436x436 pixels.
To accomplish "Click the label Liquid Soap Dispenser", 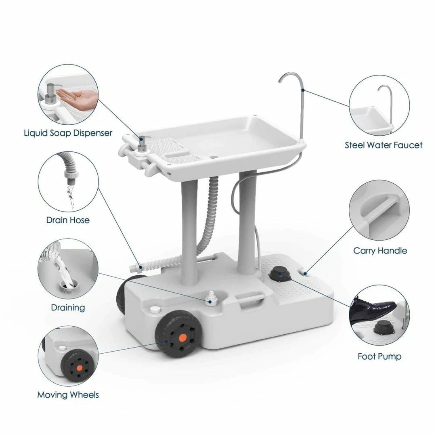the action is (x=68, y=133).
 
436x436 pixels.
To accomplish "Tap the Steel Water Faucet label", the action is (x=384, y=145).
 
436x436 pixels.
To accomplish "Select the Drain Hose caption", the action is (x=68, y=220).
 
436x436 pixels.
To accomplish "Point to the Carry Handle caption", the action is (x=380, y=251).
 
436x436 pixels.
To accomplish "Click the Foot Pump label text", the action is (x=379, y=356).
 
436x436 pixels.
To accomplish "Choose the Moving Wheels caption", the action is (x=68, y=394).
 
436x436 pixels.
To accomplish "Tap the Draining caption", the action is (x=68, y=308).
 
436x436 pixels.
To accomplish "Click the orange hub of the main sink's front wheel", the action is (x=182, y=338).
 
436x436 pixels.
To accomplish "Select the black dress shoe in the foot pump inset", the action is (x=371, y=309).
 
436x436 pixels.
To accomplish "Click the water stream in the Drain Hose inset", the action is (x=71, y=196).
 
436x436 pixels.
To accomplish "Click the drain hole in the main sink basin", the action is (x=214, y=157).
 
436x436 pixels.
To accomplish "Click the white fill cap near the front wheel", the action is (x=155, y=309).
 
